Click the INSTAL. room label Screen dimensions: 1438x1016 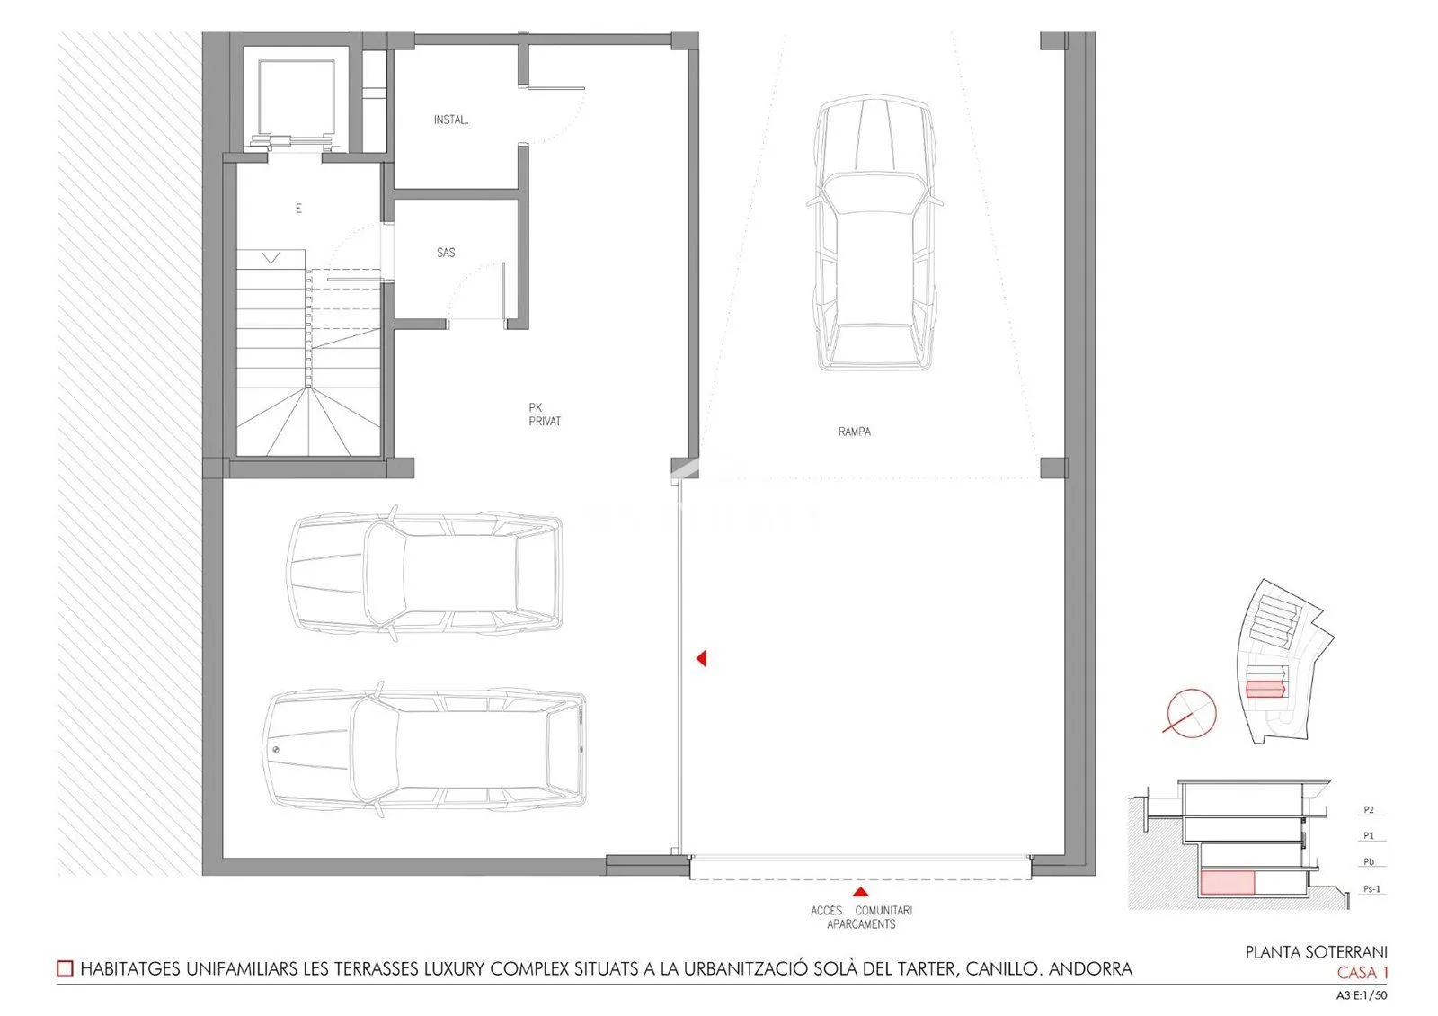[450, 120]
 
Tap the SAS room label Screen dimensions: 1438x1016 [446, 253]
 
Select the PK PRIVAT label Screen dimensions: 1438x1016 [545, 414]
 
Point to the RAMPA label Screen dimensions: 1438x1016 [855, 432]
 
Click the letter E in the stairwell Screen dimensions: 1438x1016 [298, 208]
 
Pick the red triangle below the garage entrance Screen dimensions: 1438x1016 [860, 892]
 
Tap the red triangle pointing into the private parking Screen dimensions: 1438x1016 [702, 658]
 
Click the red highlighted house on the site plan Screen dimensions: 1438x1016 [1265, 689]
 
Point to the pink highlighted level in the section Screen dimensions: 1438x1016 [1228, 882]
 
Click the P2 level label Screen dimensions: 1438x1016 [1369, 810]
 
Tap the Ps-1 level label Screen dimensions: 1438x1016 [1371, 889]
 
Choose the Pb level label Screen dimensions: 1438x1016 [1369, 862]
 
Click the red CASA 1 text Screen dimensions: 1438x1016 [1363, 973]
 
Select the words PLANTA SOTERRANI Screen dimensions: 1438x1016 [1317, 952]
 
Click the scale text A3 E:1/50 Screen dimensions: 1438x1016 [1362, 996]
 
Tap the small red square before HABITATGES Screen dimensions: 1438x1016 [65, 968]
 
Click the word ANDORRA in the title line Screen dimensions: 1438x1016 [1090, 968]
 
